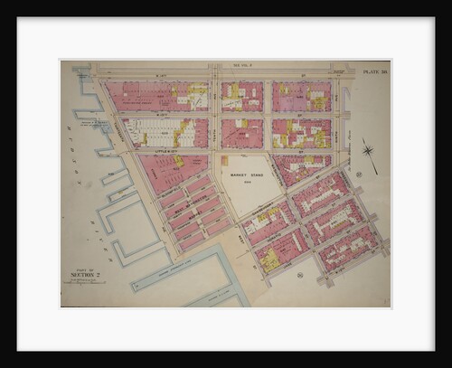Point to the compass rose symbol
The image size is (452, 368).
[x=368, y=151]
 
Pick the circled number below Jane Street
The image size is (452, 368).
[x=297, y=273]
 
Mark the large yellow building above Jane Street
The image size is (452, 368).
[x=269, y=259]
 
